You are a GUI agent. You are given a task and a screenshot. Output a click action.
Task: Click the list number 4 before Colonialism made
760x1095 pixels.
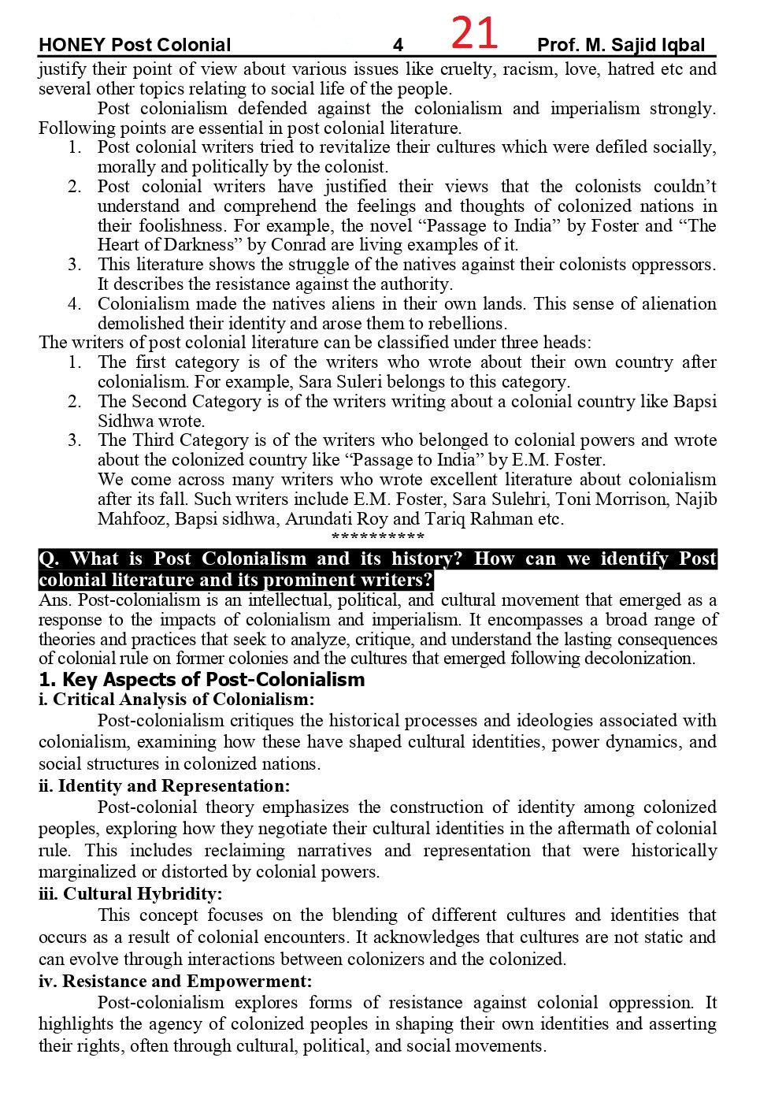pyautogui.click(x=74, y=304)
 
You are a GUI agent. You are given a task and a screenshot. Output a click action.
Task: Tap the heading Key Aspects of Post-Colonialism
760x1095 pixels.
pyautogui.click(x=202, y=680)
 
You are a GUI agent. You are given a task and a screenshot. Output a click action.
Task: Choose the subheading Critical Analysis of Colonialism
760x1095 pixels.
pyautogui.click(x=176, y=700)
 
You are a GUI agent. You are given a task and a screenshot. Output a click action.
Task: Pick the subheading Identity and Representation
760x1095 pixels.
pyautogui.click(x=164, y=786)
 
